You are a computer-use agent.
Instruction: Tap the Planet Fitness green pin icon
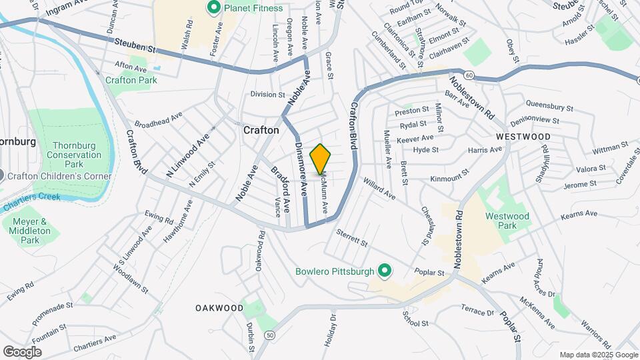click(214, 8)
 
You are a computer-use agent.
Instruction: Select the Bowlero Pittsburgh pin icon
click(384, 271)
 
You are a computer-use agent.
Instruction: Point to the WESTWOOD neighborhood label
click(523, 137)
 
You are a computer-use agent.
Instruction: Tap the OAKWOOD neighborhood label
click(219, 308)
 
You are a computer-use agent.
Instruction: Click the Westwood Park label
click(507, 221)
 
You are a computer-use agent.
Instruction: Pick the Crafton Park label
click(131, 80)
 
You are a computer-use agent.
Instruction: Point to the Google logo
click(22, 351)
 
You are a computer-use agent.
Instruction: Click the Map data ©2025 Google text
click(598, 355)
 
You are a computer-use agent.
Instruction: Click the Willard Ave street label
click(379, 189)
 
